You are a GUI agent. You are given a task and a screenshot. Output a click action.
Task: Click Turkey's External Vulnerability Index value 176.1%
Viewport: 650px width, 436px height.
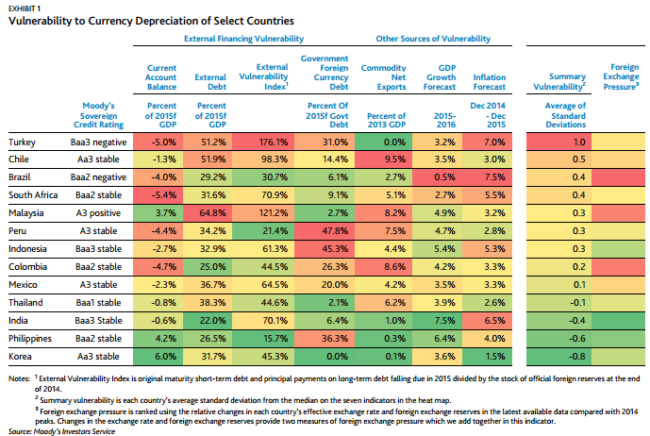tap(274, 143)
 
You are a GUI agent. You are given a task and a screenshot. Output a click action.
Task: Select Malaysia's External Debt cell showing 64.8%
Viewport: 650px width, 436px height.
tap(213, 213)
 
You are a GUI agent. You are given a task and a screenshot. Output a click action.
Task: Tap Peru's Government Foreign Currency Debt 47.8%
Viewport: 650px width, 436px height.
tap(335, 231)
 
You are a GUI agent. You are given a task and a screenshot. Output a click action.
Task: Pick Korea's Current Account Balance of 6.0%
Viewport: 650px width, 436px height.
tap(165, 357)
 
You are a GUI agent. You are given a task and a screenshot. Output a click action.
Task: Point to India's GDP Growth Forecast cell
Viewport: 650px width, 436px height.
tap(438, 321)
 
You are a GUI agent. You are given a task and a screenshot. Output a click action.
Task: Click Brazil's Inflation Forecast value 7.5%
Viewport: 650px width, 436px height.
tap(494, 177)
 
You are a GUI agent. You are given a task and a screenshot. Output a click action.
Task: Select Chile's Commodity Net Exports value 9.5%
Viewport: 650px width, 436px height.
tap(395, 159)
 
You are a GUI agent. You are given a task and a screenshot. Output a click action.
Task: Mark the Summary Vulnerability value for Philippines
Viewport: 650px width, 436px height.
tap(576, 339)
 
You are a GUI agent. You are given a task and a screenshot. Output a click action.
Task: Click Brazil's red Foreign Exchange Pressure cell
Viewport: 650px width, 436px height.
tap(618, 177)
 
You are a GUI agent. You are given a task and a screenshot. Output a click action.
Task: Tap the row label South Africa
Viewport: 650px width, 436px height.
tap(33, 195)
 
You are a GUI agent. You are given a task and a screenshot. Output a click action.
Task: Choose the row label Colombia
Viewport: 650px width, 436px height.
tap(27, 267)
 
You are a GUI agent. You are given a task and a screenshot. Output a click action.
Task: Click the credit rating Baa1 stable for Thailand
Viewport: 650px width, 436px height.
tap(99, 303)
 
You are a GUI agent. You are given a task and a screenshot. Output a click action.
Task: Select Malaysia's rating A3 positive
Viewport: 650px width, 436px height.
tap(98, 213)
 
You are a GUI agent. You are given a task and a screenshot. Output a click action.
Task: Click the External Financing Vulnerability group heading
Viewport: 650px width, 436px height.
tap(243, 39)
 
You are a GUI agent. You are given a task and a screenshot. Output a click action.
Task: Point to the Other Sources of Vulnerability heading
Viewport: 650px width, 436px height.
tap(433, 39)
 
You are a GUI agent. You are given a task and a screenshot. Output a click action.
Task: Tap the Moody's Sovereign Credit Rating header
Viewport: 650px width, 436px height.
tap(99, 115)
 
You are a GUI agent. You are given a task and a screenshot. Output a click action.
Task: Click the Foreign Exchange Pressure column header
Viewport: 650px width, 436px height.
tap(621, 76)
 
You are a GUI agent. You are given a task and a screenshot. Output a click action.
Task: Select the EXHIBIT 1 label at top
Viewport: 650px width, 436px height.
tap(25, 8)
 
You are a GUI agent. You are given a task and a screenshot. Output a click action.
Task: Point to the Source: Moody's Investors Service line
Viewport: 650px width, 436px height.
tap(61, 431)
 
